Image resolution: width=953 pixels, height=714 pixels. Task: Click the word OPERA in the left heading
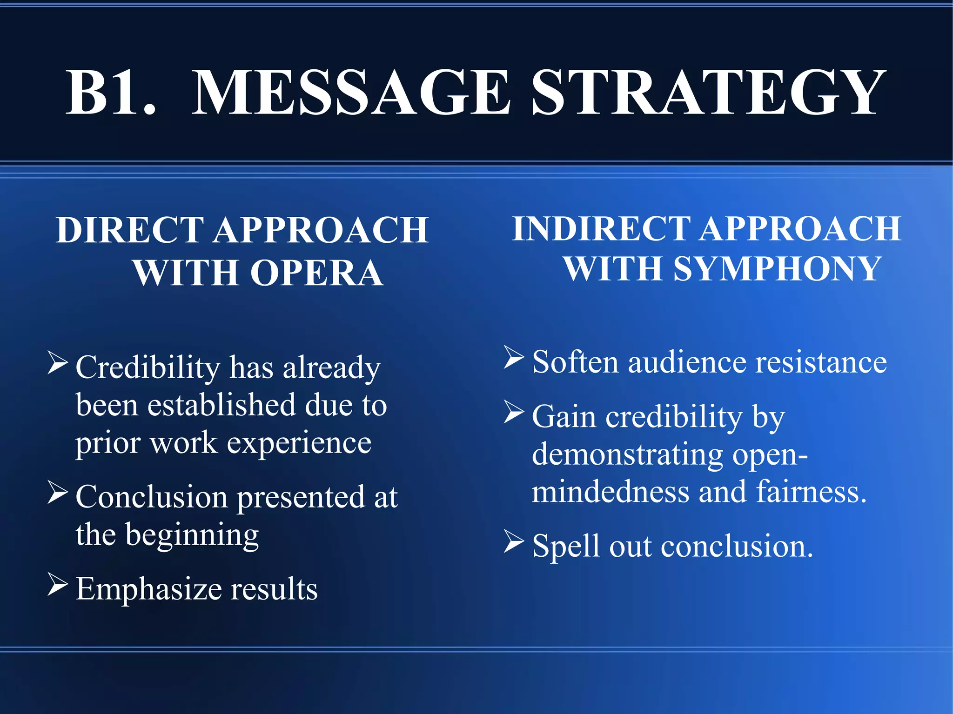(x=317, y=273)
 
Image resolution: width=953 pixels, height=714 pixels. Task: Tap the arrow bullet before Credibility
(x=58, y=363)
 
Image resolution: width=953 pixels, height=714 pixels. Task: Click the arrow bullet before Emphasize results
(x=58, y=585)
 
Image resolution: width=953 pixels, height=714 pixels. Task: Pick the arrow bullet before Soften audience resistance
(x=514, y=358)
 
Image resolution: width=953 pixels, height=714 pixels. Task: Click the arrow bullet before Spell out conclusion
(x=514, y=542)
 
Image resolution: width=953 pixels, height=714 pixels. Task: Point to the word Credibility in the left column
(x=148, y=367)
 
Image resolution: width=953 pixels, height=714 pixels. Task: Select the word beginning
(x=192, y=535)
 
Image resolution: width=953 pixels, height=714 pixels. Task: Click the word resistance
(x=821, y=362)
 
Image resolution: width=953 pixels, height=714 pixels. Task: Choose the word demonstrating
(x=627, y=454)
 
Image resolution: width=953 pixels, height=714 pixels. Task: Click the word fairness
(x=811, y=492)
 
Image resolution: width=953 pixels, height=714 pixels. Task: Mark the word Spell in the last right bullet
(x=565, y=547)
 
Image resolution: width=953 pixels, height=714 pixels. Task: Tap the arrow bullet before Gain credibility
(x=514, y=412)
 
